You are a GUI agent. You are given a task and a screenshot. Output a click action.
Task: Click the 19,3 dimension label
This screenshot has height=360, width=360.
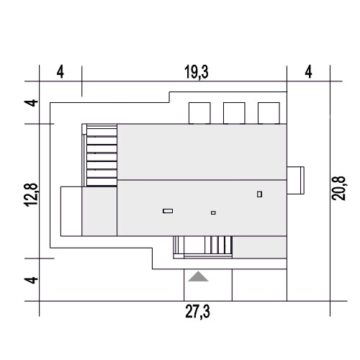[197, 72]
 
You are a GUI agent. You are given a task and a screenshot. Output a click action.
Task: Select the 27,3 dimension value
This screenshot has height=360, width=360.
[197, 312]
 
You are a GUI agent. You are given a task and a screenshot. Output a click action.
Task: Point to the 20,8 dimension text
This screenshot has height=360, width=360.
[338, 188]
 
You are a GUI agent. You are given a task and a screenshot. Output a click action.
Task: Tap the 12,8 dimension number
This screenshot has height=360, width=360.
[31, 195]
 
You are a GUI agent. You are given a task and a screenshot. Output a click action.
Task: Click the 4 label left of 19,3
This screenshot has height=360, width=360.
[60, 72]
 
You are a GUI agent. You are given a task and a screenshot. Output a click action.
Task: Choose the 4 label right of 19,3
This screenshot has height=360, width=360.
[308, 72]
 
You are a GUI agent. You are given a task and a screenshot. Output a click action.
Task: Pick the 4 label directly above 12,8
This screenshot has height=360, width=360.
[31, 103]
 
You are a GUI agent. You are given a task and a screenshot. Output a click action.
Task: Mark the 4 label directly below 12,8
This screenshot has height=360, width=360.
[31, 280]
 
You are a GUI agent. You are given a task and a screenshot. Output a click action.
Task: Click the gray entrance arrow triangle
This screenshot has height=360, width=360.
[198, 276]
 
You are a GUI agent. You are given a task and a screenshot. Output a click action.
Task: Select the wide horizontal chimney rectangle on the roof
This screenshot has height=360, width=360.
[168, 211]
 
